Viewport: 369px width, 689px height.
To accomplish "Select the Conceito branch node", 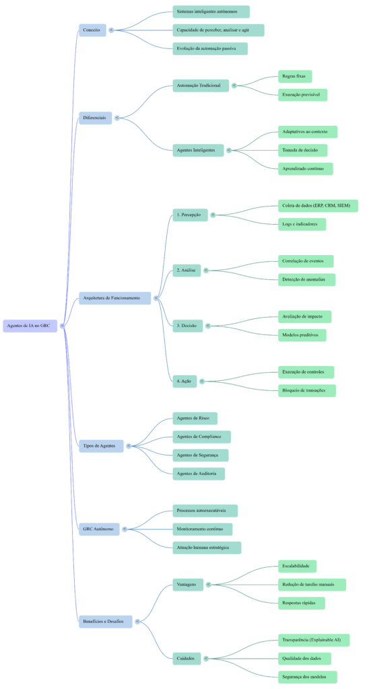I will pyautogui.click(x=92, y=30).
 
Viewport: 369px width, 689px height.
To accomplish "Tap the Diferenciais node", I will pyautogui.click(x=94, y=118).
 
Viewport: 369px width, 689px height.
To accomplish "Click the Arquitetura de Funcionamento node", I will pyautogui.click(x=114, y=297).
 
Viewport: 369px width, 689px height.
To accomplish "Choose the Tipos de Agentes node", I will pyautogui.click(x=100, y=445).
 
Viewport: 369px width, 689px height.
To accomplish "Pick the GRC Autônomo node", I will pyautogui.click(x=98, y=530).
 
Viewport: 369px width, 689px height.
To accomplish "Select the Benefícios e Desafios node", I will pyautogui.click(x=104, y=621).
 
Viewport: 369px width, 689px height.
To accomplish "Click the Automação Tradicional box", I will pyautogui.click(x=199, y=85).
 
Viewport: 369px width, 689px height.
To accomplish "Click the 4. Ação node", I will pyautogui.click(x=184, y=381).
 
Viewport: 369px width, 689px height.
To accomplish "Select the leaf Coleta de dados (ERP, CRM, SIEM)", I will pyautogui.click(x=316, y=206).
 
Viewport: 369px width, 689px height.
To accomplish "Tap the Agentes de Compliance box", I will pyautogui.click(x=201, y=437).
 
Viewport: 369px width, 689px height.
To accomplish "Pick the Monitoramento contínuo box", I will pyautogui.click(x=202, y=530).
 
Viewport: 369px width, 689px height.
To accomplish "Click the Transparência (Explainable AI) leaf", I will pyautogui.click(x=312, y=640).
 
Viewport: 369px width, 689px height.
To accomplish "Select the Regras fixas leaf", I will pyautogui.click(x=294, y=77).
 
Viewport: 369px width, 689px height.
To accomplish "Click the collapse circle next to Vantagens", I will pyautogui.click(x=208, y=585).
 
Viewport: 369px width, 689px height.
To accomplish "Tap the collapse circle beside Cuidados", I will pyautogui.click(x=205, y=659).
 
